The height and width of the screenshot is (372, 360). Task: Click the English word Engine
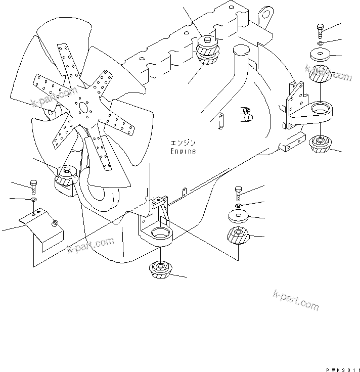pyautogui.click(x=183, y=151)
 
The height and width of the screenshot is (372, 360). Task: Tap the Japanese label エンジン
pyautogui.click(x=183, y=144)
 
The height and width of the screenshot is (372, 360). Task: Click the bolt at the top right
pyautogui.click(x=321, y=30)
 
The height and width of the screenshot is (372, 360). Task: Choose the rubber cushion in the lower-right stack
pyautogui.click(x=238, y=237)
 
